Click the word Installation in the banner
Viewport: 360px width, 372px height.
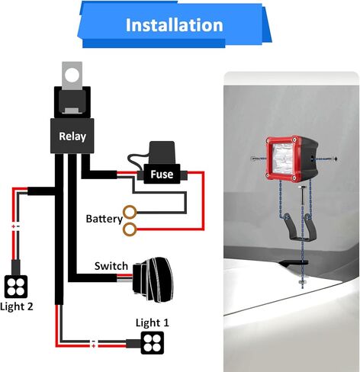pos(175,25)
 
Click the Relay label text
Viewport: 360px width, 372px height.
pos(72,136)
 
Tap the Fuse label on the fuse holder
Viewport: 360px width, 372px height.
pos(162,175)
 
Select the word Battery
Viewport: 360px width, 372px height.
pos(104,219)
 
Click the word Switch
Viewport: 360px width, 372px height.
pos(111,266)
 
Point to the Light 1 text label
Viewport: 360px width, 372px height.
pos(153,322)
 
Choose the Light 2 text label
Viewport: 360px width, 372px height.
pos(17,306)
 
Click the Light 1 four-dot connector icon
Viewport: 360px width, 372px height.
pos(153,343)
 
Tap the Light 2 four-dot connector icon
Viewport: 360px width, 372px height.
pos(16,287)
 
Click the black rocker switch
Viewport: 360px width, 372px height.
pos(153,280)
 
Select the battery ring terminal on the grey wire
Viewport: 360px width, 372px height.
pos(130,212)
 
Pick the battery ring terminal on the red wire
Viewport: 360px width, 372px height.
pos(130,229)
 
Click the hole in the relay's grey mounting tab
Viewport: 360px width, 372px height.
pos(72,75)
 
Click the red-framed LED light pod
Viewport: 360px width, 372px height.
pos(291,159)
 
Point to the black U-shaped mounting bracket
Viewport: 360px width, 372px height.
pos(300,228)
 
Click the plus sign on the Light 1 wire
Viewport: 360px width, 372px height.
pos(94,346)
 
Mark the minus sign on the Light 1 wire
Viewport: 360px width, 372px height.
pos(94,342)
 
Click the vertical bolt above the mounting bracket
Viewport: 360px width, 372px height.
pos(302,195)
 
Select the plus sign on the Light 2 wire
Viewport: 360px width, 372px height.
pos(13,226)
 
